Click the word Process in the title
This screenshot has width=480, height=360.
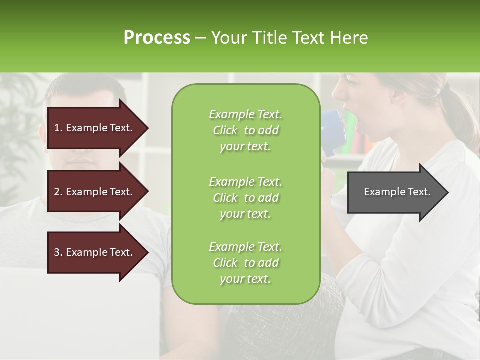coord(157,38)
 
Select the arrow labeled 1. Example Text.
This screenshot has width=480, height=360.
coord(95,128)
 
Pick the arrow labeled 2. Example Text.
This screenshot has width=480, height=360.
coord(95,192)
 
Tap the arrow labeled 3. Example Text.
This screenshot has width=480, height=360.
coord(95,252)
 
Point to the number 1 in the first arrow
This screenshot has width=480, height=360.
coord(57,128)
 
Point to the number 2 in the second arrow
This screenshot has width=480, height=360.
coord(57,192)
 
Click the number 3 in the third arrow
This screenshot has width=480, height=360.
coord(57,252)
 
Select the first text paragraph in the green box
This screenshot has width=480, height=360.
coord(245,130)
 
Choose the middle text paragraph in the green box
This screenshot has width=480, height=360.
coord(245,198)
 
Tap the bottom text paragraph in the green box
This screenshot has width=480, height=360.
coord(245,263)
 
